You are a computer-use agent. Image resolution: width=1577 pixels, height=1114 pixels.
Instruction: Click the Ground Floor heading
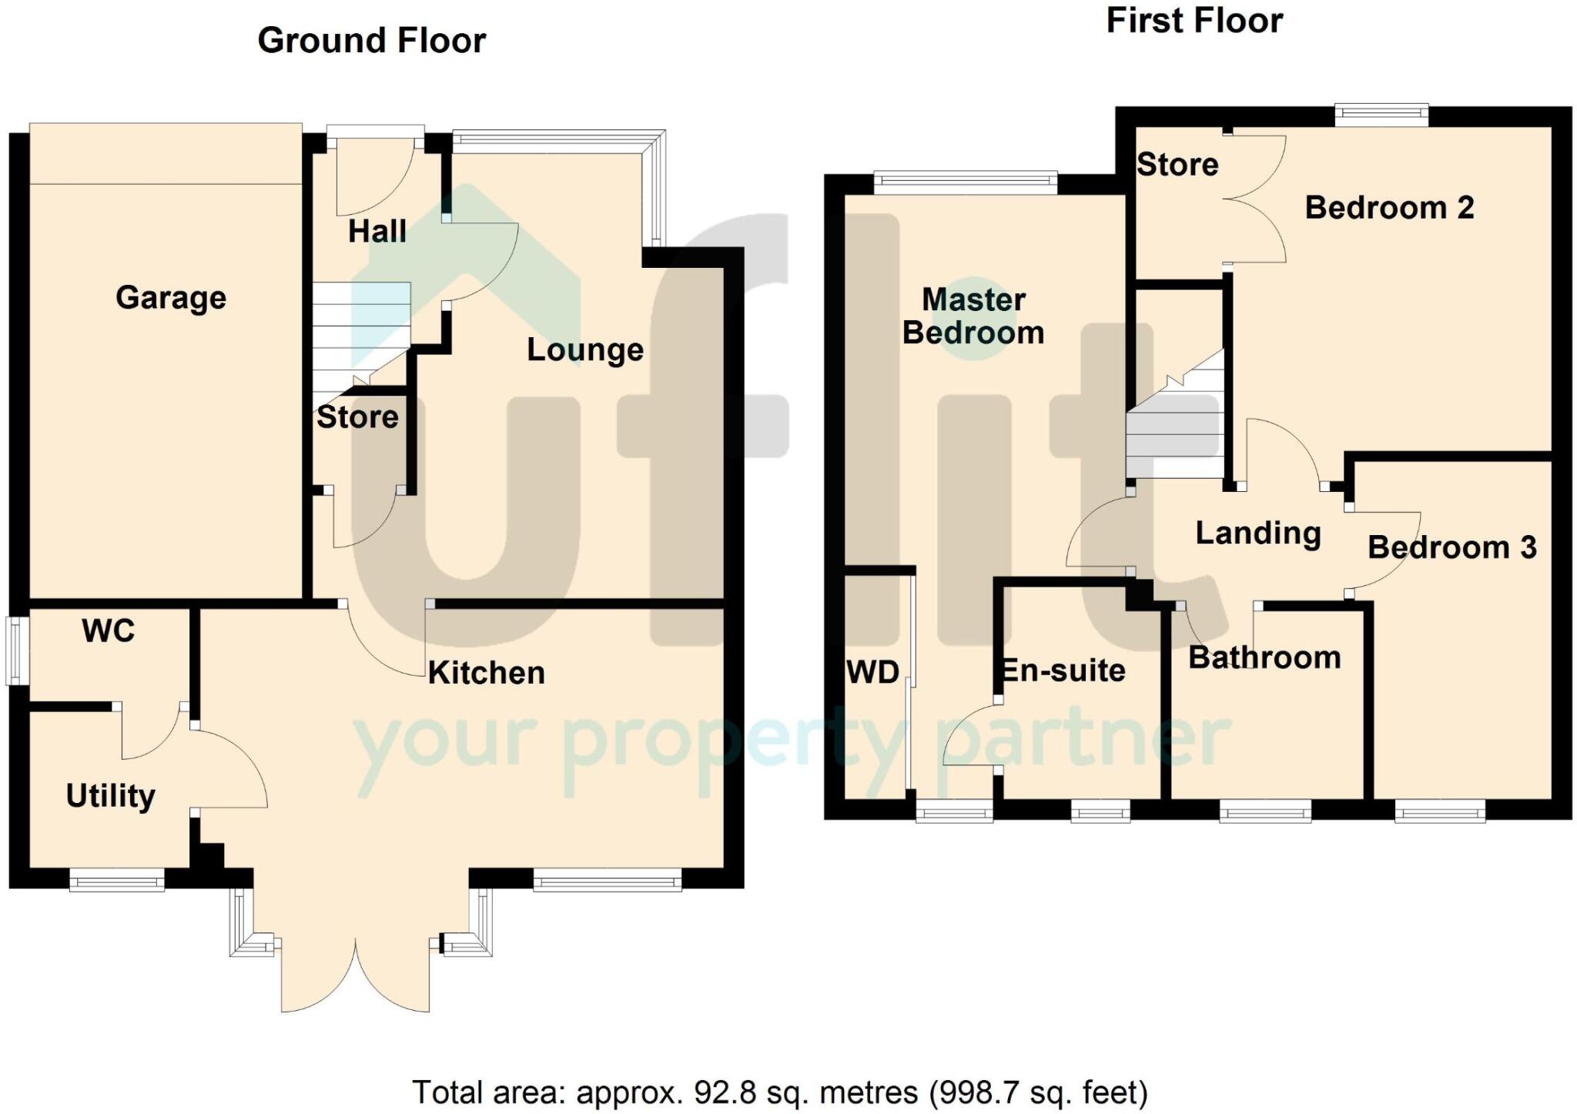[371, 41]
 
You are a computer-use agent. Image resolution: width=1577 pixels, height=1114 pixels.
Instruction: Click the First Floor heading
[1194, 21]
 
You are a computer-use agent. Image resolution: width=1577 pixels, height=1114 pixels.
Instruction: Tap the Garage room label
[171, 298]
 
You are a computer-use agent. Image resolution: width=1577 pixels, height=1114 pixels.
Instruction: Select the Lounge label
[584, 350]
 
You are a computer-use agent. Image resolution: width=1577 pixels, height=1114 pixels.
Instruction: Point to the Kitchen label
[486, 674]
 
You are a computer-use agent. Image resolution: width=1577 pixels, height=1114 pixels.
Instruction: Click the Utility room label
[110, 796]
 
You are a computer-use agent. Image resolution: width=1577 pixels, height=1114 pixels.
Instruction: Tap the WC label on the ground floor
[108, 631]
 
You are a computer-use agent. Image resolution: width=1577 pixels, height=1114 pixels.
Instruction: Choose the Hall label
[377, 232]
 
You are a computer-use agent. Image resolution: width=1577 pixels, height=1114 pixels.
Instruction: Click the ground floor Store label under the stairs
[357, 417]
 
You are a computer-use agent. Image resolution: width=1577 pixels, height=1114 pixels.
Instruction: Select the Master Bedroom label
[973, 316]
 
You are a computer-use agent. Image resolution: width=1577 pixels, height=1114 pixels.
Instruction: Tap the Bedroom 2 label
[1389, 208]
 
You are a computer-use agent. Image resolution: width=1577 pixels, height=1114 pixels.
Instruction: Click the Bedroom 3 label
[1451, 548]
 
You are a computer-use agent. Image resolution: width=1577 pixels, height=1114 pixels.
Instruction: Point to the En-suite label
[1063, 671]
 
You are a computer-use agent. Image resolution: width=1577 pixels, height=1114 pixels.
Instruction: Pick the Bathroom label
[1264, 658]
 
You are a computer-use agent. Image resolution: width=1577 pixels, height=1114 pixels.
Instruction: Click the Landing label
[1257, 533]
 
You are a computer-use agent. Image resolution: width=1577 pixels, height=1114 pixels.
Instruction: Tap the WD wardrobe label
[872, 673]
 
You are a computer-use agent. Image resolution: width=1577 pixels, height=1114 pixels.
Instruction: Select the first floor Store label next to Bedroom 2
[1177, 165]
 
